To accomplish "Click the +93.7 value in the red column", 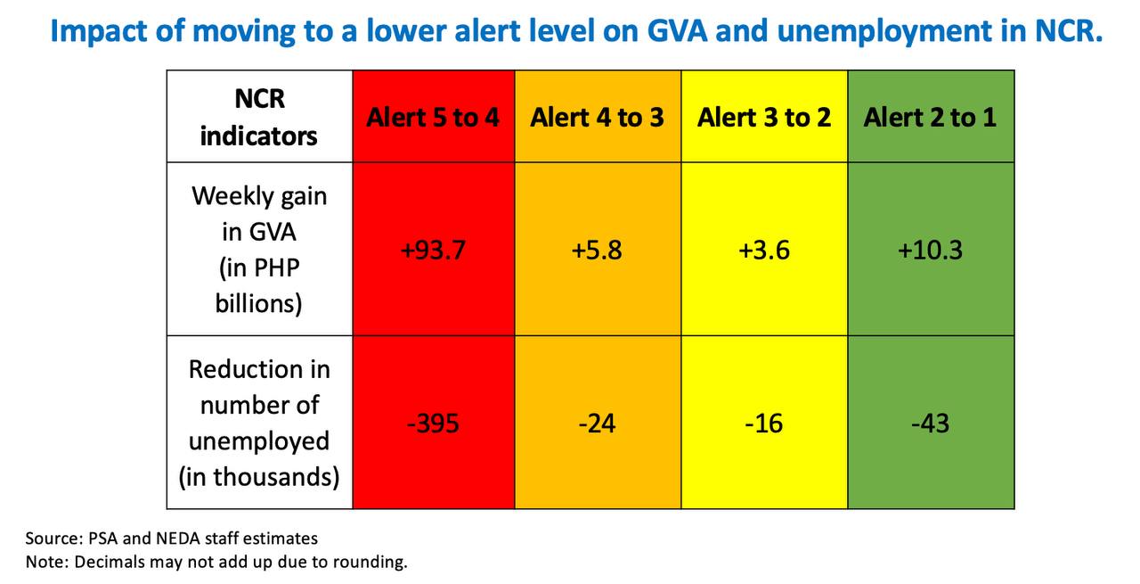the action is tap(433, 251).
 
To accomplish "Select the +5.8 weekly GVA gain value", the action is tap(597, 251).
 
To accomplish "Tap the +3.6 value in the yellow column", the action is tap(764, 251).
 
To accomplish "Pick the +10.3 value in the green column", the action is tap(930, 251).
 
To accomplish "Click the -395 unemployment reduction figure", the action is tap(433, 424).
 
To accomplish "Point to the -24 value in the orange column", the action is tap(597, 424).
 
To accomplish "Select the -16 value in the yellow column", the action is tap(764, 424).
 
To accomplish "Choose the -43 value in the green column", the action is tap(931, 424).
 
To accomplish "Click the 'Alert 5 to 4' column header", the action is tap(433, 117).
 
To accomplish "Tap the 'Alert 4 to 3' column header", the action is tap(597, 117).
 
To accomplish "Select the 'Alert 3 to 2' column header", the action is tap(764, 117).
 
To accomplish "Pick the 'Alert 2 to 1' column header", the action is tap(930, 117).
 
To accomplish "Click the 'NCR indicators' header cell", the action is tap(259, 117).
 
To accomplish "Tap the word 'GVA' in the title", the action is tap(677, 30).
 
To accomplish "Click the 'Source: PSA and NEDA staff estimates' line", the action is tap(172, 539).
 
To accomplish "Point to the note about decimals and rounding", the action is tap(216, 562).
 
